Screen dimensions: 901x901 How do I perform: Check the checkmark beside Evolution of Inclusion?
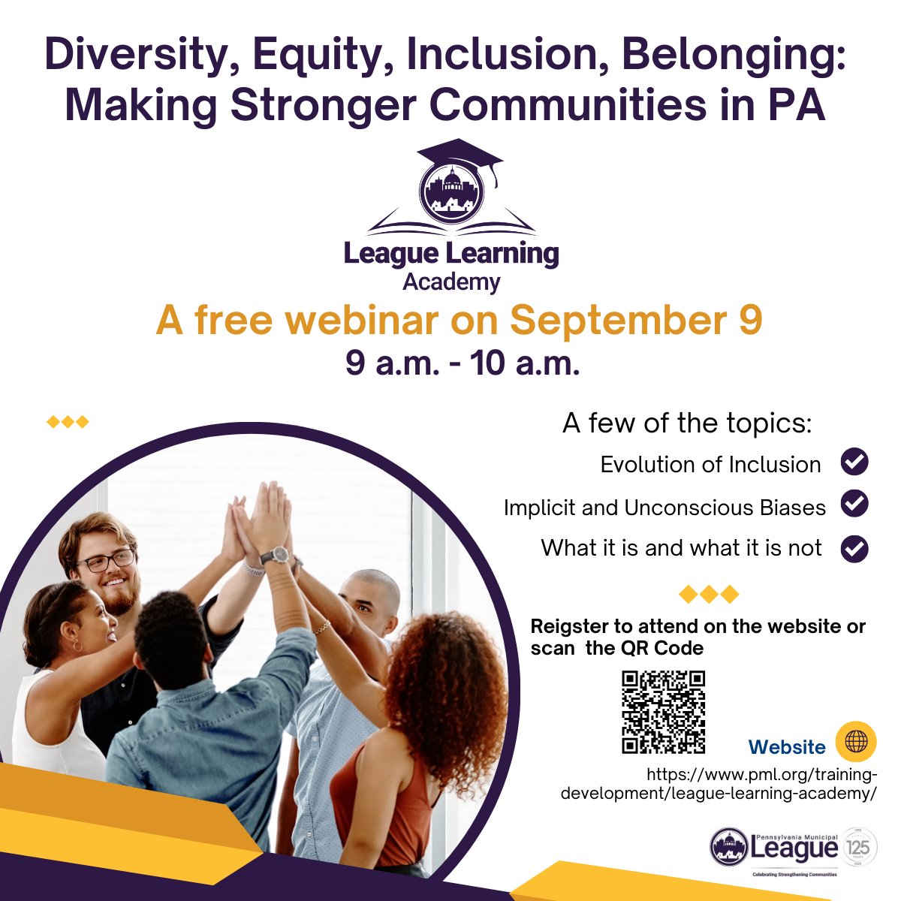tap(854, 463)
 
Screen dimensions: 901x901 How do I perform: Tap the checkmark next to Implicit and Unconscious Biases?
tap(854, 505)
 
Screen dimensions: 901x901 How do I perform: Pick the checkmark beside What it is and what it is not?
tap(854, 548)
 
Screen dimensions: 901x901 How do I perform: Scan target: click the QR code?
tap(664, 712)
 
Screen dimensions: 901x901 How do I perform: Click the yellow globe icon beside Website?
tap(856, 742)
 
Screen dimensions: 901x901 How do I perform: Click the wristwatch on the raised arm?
tap(276, 555)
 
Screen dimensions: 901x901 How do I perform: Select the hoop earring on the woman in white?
tap(76, 646)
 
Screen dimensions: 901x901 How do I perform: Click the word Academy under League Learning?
tap(451, 282)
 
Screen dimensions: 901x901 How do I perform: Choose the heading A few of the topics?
tap(687, 423)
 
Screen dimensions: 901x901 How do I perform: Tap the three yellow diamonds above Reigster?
tap(709, 595)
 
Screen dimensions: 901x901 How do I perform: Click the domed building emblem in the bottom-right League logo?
tap(729, 847)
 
